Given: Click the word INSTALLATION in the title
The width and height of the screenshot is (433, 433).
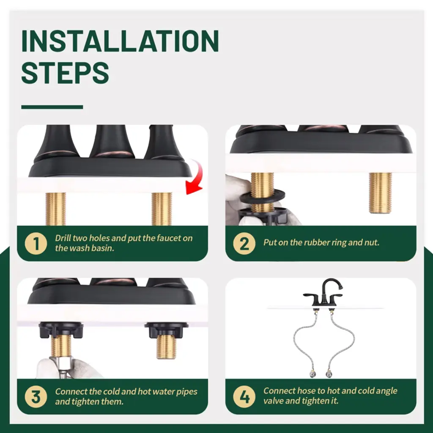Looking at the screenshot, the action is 120,41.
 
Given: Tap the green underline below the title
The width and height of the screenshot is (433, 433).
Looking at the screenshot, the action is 52,107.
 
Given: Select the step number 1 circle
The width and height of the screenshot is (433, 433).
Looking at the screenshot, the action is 36,244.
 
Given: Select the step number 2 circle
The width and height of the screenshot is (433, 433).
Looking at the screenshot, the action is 244,244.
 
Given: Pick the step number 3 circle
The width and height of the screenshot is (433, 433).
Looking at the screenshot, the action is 36,397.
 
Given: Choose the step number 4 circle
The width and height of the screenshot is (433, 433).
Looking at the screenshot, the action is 244,397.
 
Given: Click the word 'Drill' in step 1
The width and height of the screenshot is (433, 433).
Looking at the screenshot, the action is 63,238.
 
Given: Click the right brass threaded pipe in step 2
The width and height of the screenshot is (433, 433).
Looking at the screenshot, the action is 380,193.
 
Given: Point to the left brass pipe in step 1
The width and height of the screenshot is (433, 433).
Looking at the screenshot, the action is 56,209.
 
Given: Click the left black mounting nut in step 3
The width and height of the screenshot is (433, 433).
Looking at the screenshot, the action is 61,330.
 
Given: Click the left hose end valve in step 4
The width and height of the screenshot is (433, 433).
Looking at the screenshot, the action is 312,373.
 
